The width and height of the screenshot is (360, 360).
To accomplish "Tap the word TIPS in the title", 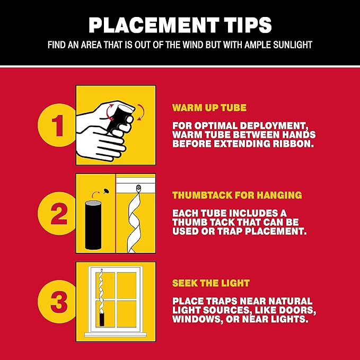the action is [x=248, y=25].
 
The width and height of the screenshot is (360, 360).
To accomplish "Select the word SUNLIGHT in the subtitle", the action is [x=293, y=45].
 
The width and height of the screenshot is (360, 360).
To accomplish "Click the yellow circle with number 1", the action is [x=57, y=125].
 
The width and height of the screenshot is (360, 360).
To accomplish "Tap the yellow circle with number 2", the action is [x=57, y=213].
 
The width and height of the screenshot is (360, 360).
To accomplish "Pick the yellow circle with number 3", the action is [x=57, y=302].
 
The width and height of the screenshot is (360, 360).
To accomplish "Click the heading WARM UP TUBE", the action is [x=209, y=108].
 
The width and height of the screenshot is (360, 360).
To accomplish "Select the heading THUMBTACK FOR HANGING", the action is [x=237, y=195].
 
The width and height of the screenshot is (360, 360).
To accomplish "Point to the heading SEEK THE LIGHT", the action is [x=211, y=283].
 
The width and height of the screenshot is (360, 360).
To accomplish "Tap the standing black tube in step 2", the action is [x=93, y=225].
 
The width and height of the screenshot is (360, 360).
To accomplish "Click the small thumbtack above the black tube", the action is [x=106, y=191].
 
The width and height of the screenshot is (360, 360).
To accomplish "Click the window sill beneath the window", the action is [x=116, y=335].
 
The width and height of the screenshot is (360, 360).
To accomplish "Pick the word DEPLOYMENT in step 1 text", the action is [x=273, y=126].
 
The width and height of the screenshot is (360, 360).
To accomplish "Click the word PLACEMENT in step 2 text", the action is [x=276, y=231].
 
